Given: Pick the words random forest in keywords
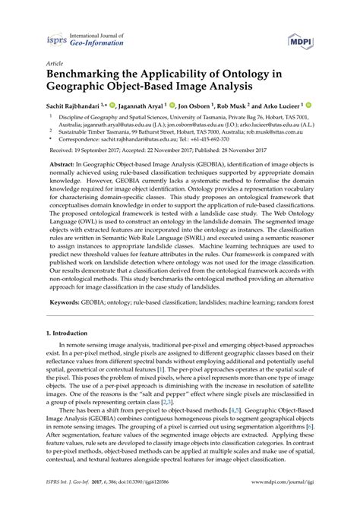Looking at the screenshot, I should click(295, 324).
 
